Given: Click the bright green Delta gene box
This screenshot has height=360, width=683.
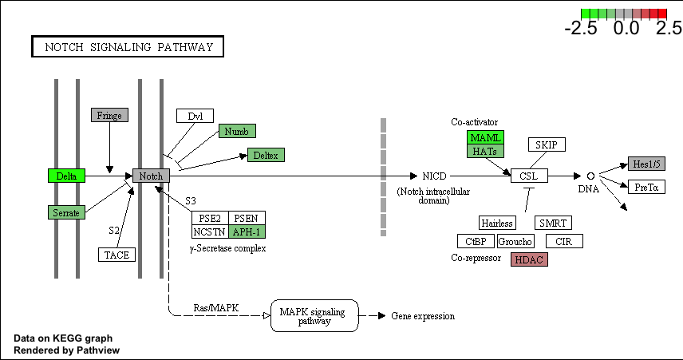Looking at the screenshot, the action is point(67,176).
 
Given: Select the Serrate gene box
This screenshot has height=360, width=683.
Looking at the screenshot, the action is point(67,212).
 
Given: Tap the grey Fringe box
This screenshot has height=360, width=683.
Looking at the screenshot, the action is point(110,115).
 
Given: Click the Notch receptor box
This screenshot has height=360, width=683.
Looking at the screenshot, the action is point(151,176).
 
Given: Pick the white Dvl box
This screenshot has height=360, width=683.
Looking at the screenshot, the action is point(195,116).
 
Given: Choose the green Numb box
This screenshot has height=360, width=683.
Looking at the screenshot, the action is point(238,131).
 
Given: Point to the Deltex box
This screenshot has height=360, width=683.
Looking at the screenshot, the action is point(266,155).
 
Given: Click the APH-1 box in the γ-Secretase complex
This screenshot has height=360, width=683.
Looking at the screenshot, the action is point(247,231).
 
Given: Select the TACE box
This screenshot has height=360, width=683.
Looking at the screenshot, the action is point(116,255).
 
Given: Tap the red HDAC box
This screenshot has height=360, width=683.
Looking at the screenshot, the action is point(529,259).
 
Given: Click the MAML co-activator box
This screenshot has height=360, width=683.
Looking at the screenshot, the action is point(486,137).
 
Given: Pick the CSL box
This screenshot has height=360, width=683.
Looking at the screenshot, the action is point(529,176).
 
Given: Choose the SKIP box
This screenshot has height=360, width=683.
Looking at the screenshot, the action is point(547,144).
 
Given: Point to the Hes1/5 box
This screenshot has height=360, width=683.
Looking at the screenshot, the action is point(647,164).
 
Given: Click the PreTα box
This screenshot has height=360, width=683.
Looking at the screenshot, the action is point(647,187).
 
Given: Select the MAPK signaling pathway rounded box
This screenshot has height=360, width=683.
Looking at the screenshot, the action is point(314,315).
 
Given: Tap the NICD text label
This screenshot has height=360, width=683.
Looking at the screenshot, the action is point(434,176).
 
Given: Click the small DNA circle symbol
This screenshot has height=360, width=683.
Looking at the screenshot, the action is point(590,176).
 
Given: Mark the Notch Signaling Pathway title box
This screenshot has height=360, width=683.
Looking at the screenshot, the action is point(128,46).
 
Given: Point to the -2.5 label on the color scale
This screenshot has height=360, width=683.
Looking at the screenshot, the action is point(581,28).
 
